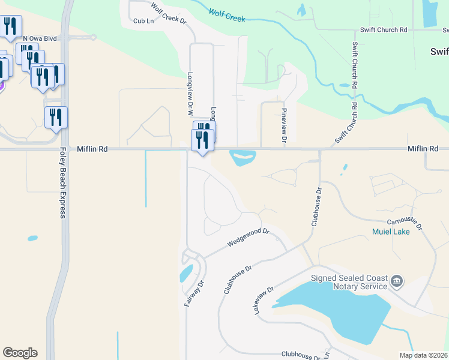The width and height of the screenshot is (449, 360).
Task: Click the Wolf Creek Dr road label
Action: [169, 14]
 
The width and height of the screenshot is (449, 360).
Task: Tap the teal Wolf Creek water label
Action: [227, 15]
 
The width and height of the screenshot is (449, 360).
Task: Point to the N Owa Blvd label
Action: [40, 38]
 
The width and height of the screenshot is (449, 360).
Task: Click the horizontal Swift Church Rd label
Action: [384, 30]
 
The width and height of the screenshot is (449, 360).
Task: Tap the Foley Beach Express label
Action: [62, 183]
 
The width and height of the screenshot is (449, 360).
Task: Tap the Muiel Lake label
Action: [391, 232]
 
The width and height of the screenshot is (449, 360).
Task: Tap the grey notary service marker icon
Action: [396, 281]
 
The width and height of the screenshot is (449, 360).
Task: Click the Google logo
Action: [20, 353]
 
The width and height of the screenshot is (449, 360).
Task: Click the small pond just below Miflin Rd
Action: [243, 158]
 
